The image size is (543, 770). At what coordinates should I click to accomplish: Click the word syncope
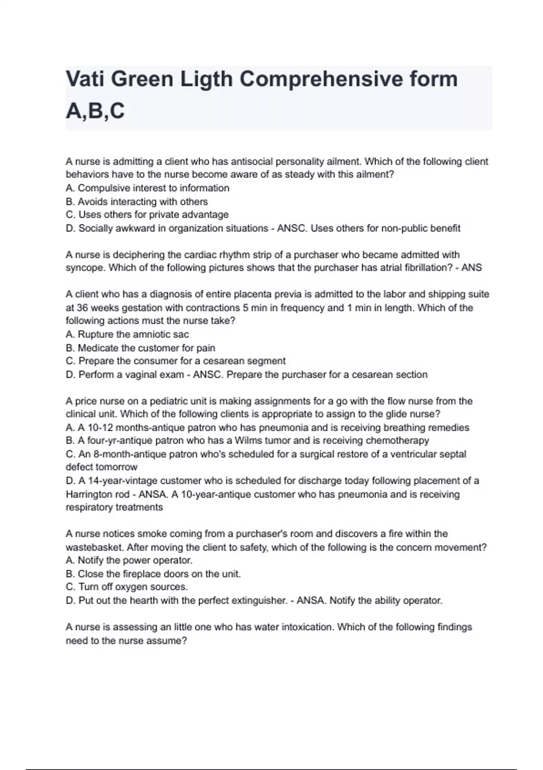tap(85, 268)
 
